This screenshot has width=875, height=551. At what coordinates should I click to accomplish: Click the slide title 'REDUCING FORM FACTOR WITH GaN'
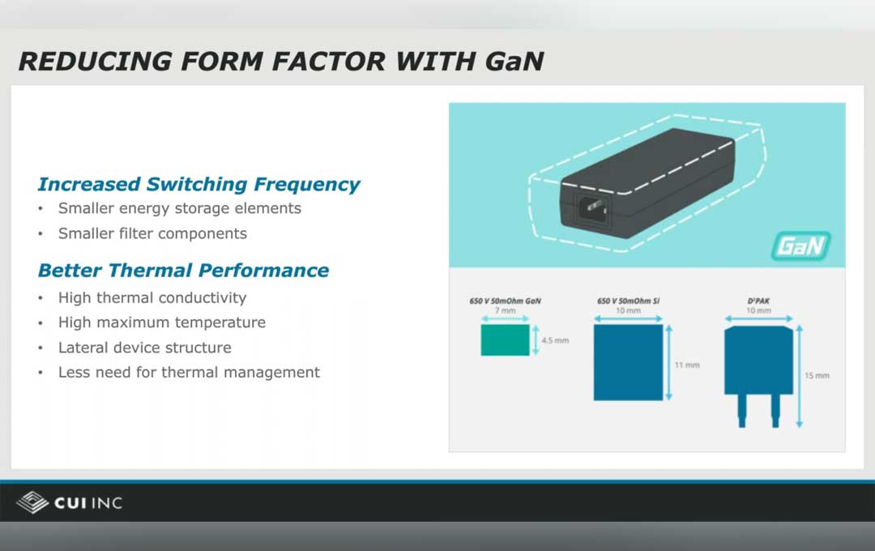tap(280, 61)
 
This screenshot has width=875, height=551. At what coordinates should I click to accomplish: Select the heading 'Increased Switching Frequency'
tap(198, 184)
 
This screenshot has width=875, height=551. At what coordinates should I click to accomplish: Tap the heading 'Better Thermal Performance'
tap(183, 270)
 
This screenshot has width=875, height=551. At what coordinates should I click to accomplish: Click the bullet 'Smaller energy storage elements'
tap(179, 208)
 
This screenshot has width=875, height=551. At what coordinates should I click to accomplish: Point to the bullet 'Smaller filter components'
tap(152, 233)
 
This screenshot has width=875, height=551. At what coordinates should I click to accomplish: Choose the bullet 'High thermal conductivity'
tap(152, 297)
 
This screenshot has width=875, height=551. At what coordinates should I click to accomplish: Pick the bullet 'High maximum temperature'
tap(161, 322)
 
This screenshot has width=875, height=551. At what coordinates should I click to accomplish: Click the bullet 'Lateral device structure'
tap(144, 348)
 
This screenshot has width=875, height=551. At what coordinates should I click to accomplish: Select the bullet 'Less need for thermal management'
tap(189, 373)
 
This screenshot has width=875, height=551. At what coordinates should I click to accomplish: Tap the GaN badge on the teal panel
tap(800, 246)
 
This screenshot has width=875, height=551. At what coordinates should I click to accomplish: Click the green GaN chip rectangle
tap(505, 340)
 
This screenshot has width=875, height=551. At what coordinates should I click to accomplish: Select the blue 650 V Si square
tap(628, 362)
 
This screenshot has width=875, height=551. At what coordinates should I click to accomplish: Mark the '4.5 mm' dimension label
tap(555, 340)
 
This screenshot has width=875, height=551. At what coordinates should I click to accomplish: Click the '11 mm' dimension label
tap(686, 365)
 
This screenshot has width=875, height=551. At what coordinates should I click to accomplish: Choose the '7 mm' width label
tap(505, 311)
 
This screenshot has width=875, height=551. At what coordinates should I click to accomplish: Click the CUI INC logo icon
tap(32, 502)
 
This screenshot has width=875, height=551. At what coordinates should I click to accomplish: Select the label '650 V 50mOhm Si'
tap(628, 301)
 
